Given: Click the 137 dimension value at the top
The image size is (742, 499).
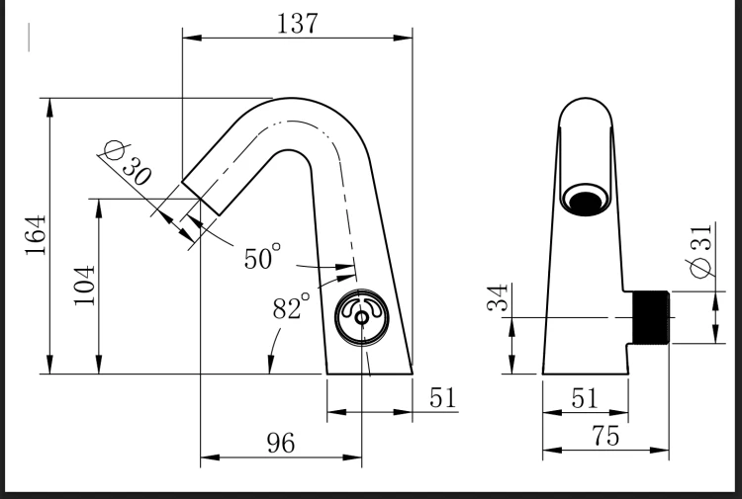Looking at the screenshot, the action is coord(297,24).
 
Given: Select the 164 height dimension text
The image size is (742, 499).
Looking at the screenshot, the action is coord(36,235).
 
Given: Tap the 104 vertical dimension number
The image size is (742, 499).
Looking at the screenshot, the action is coord(85,286).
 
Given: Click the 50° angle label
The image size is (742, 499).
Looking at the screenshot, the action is coord(262,257).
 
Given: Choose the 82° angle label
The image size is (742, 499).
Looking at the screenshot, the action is coord(291,307).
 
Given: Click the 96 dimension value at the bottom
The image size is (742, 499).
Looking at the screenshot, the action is coord(281,443).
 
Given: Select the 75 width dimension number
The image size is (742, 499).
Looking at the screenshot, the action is coord(605,436).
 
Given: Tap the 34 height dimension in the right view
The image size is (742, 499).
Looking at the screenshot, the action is coord(498,297).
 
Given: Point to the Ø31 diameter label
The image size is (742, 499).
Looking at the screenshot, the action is coord(700,251).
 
